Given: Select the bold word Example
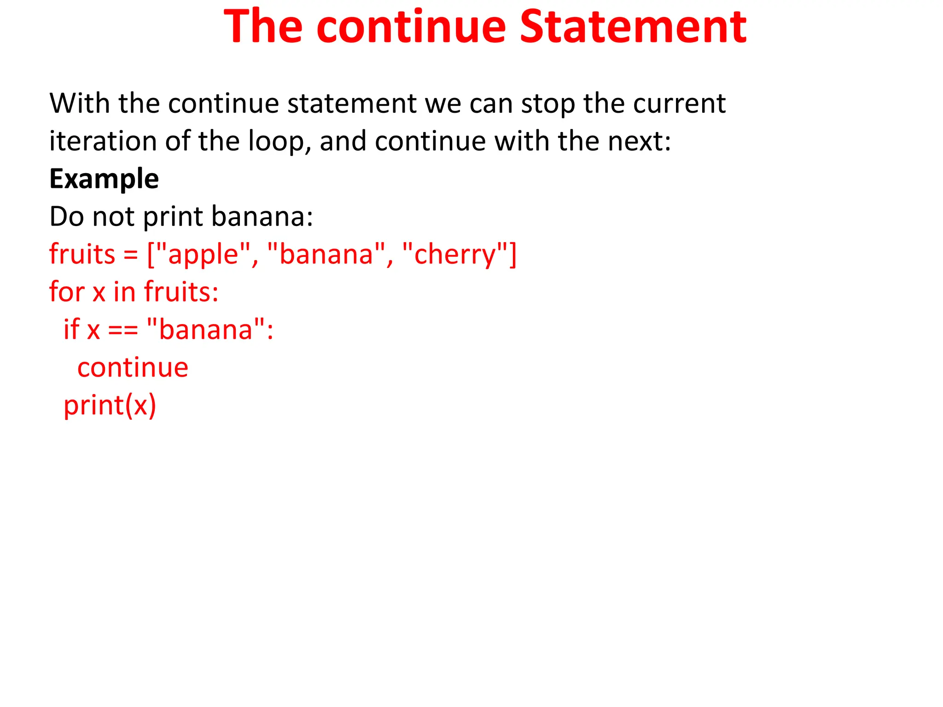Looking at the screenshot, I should coord(104,179).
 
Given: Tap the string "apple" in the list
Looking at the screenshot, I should coord(203,254).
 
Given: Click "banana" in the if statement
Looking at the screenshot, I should coord(206,330).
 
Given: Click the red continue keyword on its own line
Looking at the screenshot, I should coord(133,367).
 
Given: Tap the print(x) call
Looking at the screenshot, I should coord(110,405).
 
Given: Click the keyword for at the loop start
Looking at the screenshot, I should coord(67,292).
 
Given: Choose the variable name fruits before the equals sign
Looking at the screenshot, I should coord(82,254).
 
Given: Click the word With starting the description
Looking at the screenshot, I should coord(79,103).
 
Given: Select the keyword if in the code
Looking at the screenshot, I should coord(71,330).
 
